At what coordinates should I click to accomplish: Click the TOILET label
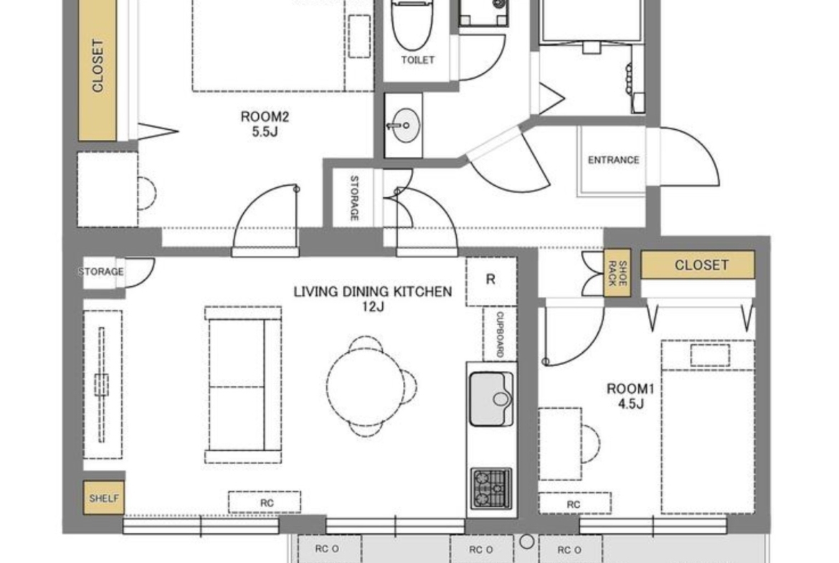click(x=418, y=60)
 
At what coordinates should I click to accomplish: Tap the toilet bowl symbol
click(x=412, y=24)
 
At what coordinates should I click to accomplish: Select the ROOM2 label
click(x=265, y=116)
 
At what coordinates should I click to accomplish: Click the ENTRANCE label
click(x=613, y=160)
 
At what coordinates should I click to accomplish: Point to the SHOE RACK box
click(x=617, y=273)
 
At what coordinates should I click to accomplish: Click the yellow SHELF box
click(x=104, y=498)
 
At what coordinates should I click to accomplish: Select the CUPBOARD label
click(x=500, y=334)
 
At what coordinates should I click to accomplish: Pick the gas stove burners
click(x=490, y=488)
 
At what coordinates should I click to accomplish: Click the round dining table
click(x=366, y=385)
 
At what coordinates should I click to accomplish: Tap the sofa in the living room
click(x=244, y=385)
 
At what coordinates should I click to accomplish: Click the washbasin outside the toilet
click(x=403, y=126)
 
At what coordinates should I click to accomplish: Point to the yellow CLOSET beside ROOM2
click(x=98, y=70)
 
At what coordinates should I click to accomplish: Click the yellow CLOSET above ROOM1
click(x=698, y=265)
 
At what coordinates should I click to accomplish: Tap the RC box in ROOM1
click(x=574, y=504)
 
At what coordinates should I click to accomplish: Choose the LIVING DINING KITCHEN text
click(x=372, y=292)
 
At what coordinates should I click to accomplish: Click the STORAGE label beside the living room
click(x=101, y=272)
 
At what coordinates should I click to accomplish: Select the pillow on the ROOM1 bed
click(x=710, y=356)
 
